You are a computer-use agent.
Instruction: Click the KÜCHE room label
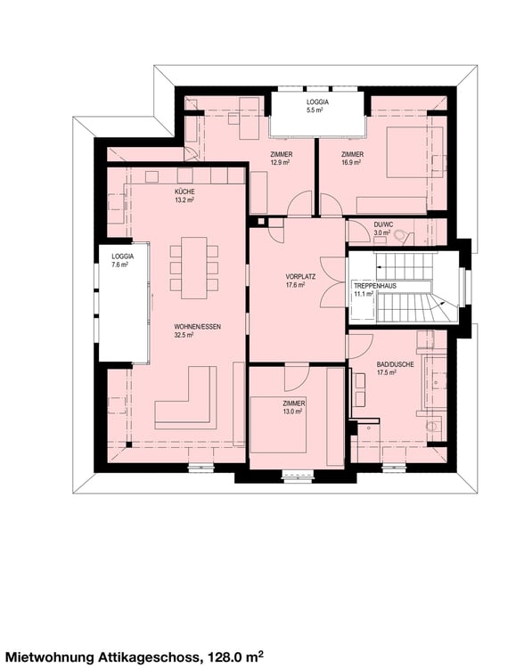(184, 191)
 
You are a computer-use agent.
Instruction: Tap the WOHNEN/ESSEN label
(198, 327)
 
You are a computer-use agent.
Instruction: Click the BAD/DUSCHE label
(395, 364)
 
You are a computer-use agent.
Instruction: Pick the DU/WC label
(383, 224)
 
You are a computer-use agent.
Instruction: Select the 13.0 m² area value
(292, 411)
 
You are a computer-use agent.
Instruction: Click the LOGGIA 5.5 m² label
(317, 106)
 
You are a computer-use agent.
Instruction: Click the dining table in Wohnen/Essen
(194, 267)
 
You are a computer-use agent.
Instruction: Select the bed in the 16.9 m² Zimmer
(409, 152)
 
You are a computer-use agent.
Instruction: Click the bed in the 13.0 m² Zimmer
(278, 425)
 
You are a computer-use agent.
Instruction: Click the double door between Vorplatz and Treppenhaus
(332, 282)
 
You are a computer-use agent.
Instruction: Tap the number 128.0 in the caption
(225, 656)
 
